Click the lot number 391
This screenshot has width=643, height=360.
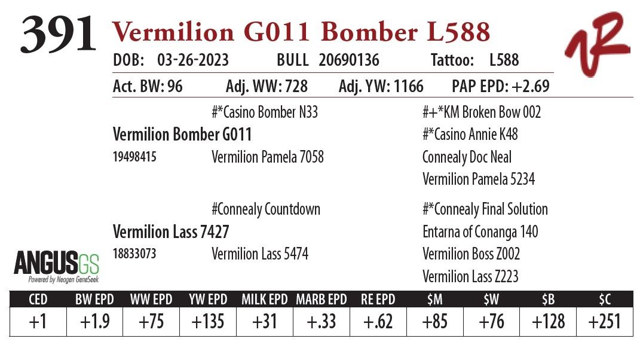[x=58, y=35]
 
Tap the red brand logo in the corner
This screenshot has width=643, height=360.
[x=597, y=44]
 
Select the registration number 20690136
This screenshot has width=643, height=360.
[x=348, y=60]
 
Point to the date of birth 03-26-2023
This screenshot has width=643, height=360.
[x=192, y=60]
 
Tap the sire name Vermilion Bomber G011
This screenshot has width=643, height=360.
[x=182, y=135]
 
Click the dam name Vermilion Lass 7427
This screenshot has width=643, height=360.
[x=171, y=231]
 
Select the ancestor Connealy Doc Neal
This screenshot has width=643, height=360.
[x=467, y=157]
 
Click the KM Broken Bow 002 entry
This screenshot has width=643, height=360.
[x=482, y=112]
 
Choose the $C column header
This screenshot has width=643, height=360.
[x=604, y=299]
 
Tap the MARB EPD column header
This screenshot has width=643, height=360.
[x=321, y=299]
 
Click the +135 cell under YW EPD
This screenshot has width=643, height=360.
[x=207, y=322]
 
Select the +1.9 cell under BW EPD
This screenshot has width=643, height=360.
[x=94, y=322]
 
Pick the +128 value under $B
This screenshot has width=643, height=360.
[x=548, y=322]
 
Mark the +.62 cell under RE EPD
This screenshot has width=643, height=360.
[x=378, y=322]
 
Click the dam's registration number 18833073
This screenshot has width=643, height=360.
[x=134, y=254]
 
